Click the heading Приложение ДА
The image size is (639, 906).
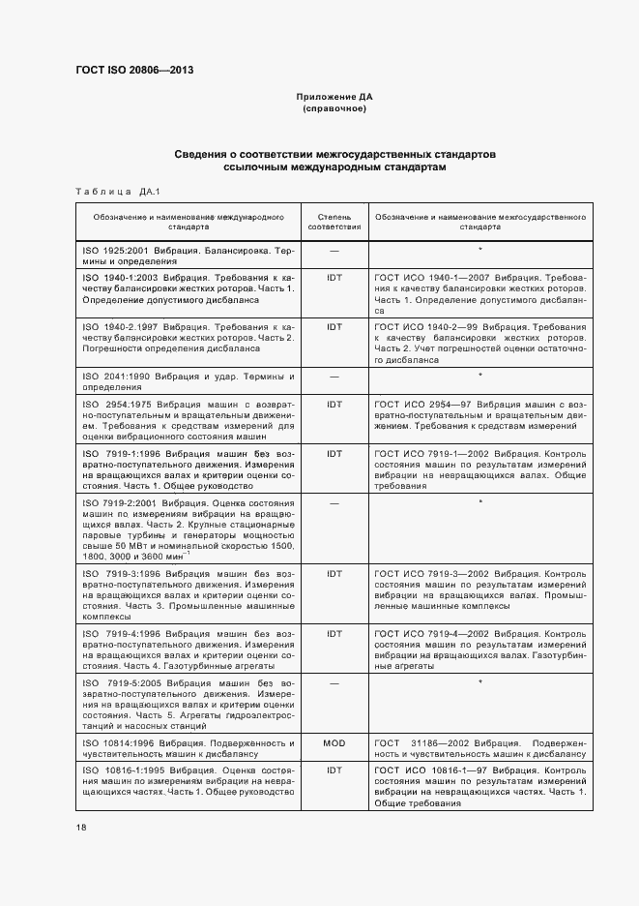coord(334,98)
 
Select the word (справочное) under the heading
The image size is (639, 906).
coord(334,109)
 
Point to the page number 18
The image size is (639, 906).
coord(81,827)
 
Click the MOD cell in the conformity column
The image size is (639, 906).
coord(334,743)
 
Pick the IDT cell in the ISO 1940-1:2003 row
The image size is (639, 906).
coord(334,277)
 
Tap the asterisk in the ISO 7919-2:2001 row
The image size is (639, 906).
coord(480,502)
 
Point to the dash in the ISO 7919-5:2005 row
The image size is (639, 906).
coord(334,683)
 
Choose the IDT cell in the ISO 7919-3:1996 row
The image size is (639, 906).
coord(334,573)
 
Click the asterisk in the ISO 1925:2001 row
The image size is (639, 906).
coord(480,250)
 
